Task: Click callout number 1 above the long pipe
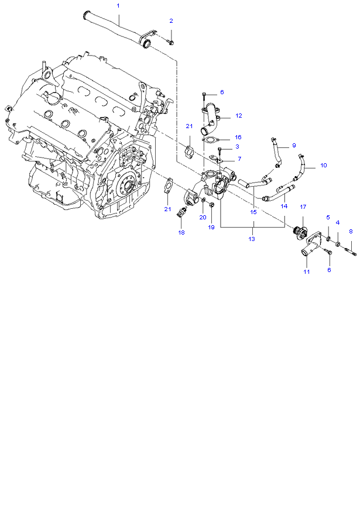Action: tap(118, 5)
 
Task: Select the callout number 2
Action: tap(171, 21)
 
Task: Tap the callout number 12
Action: tap(238, 116)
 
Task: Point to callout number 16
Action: tap(238, 136)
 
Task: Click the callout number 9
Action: tap(294, 145)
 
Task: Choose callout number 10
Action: tap(323, 166)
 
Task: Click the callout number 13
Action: tap(252, 239)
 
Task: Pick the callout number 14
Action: tap(284, 206)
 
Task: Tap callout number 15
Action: tap(253, 212)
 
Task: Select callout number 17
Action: tap(303, 207)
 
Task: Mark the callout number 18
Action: tap(181, 233)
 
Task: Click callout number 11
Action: tap(306, 272)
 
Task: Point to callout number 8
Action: tap(351, 232)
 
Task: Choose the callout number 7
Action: tap(239, 159)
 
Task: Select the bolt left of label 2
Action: tap(169, 42)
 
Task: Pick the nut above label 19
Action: tap(211, 205)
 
